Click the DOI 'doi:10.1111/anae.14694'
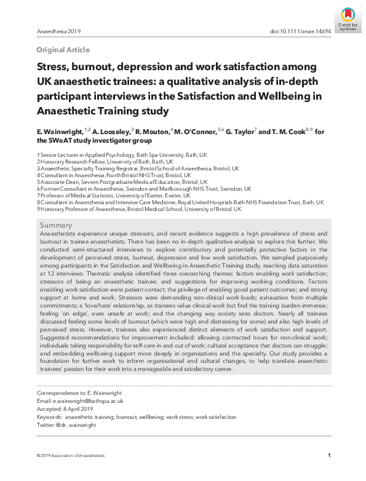tap(300, 31)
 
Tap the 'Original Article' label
tap(63, 50)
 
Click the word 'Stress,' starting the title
tap(54, 66)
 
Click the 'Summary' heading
tap(56, 226)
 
